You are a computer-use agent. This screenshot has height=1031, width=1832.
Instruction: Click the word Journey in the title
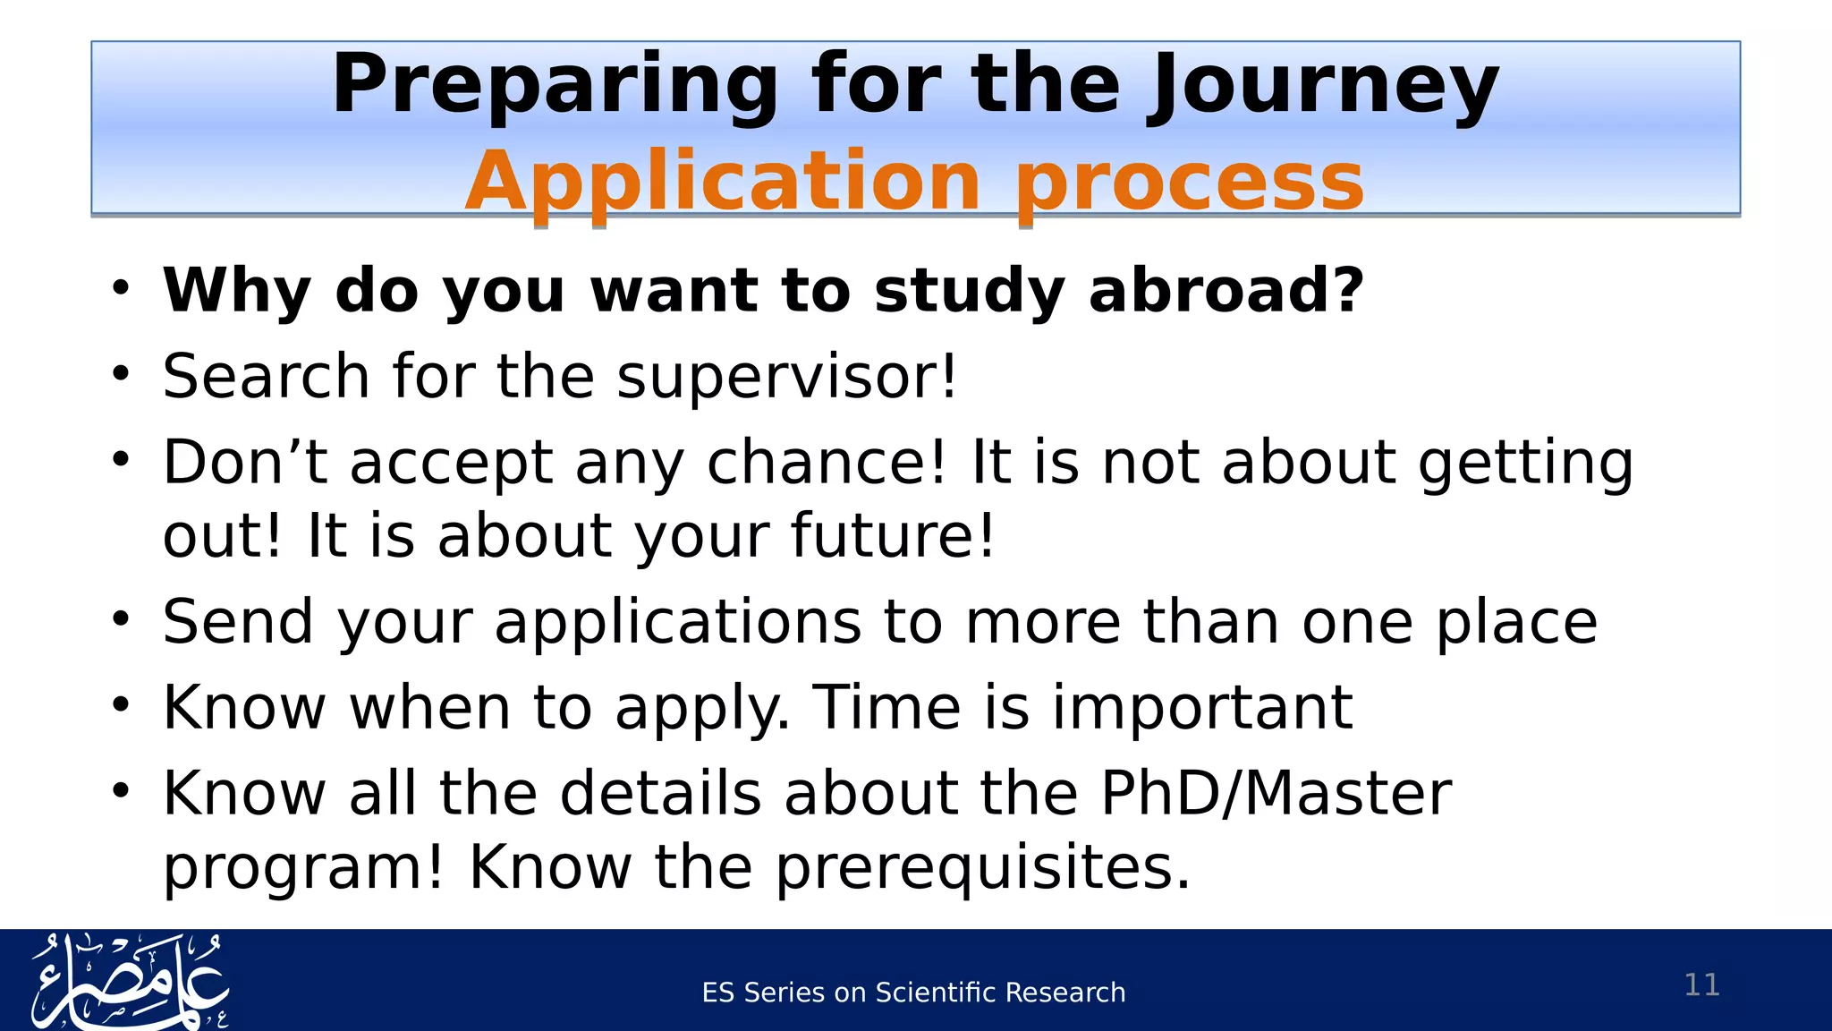(x=1324, y=85)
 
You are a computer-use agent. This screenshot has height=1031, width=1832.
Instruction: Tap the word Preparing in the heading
(x=556, y=85)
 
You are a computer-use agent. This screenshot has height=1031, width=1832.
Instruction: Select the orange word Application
(x=723, y=182)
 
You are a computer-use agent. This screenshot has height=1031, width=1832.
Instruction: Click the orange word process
(x=1189, y=182)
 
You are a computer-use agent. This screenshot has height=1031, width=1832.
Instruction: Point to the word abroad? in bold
(x=1226, y=291)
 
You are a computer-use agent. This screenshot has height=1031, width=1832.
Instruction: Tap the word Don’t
(x=244, y=463)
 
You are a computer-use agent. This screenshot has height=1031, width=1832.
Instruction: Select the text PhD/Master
(x=1276, y=793)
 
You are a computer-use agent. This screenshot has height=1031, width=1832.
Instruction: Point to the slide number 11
(x=1701, y=984)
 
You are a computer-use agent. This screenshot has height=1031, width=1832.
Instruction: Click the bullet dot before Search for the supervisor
(x=122, y=374)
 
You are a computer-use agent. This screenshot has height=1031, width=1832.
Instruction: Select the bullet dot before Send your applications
(x=122, y=619)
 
